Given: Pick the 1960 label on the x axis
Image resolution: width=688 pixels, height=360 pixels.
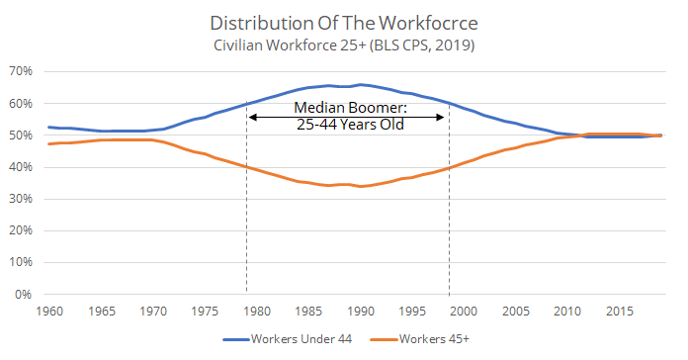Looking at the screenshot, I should click(x=46, y=311).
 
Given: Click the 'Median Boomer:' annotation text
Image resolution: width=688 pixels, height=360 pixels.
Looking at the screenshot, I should click(x=348, y=108).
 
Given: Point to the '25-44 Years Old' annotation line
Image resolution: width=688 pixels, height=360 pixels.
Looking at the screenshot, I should click(x=348, y=125).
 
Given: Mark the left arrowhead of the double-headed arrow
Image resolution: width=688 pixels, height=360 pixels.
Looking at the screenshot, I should click(x=251, y=117).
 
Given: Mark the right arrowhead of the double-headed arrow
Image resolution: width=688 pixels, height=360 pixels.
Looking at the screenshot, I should click(x=445, y=117).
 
